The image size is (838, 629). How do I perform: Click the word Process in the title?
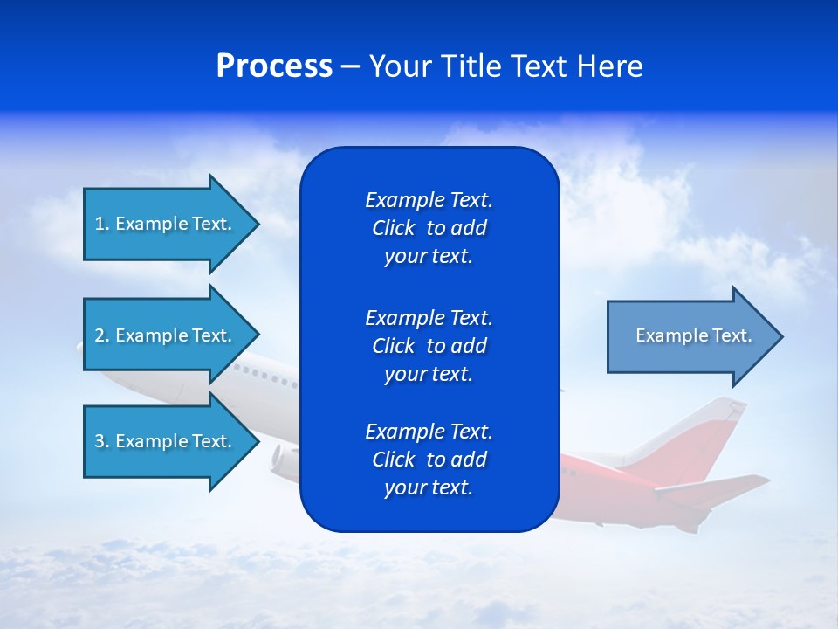click(274, 66)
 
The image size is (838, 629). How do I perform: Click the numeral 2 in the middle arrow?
click(100, 335)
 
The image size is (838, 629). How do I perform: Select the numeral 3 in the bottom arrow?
click(100, 441)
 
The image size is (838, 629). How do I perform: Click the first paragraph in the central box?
click(429, 228)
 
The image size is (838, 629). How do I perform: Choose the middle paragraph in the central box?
click(429, 346)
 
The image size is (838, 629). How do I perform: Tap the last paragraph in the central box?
click(429, 460)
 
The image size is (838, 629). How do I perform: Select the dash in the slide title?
click(350, 67)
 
